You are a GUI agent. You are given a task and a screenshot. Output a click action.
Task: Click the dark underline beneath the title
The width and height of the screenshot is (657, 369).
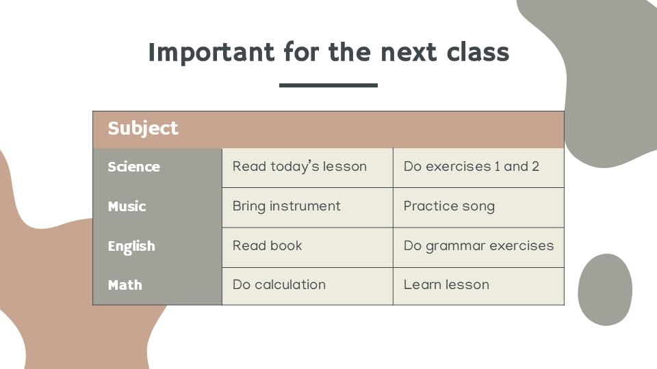coord(328,85)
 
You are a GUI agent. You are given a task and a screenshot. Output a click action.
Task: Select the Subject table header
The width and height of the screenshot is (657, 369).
coord(143,128)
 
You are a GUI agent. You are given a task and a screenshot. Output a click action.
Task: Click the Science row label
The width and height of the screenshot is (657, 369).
coord(133,167)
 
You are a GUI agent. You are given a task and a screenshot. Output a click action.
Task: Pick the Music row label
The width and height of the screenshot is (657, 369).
coord(127,206)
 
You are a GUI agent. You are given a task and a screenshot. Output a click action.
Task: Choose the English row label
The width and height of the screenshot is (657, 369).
coord(131,246)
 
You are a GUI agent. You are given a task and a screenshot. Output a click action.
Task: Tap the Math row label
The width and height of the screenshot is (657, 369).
coord(125,285)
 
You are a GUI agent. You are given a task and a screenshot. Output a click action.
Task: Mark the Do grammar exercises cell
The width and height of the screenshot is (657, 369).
coord(478,246)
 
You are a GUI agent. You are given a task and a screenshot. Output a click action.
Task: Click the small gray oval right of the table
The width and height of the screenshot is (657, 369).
coord(605,290)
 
